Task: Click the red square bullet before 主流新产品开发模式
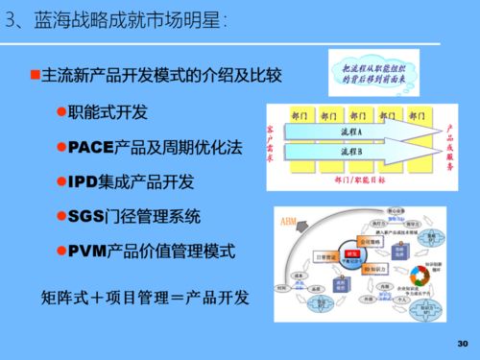34,75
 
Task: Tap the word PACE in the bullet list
92,148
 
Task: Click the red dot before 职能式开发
61,113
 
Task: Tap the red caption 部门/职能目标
360,180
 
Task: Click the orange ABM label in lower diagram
288,221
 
